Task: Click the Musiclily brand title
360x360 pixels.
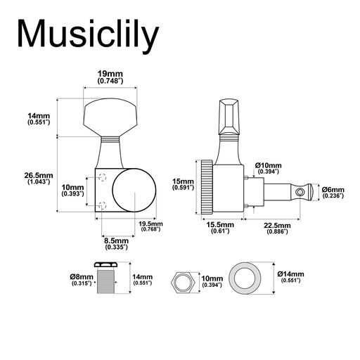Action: click(89, 35)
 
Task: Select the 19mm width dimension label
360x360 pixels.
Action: click(110, 77)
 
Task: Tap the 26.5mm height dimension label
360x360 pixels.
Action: click(39, 178)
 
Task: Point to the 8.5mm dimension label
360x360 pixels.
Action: click(117, 243)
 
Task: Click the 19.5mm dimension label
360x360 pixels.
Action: click(150, 226)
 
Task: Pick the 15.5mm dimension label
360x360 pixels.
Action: click(220, 228)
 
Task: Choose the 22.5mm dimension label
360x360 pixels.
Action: click(277, 229)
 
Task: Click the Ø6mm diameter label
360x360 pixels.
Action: click(333, 193)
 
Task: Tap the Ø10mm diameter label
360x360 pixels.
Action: click(269, 168)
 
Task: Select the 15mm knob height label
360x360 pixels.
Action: click(183, 184)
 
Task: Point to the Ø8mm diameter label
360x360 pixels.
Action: click(82, 280)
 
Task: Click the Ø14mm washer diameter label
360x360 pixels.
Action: click(290, 277)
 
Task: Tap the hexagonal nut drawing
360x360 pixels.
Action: click(182, 282)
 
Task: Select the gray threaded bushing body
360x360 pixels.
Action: click(106, 281)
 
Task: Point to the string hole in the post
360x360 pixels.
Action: click(300, 193)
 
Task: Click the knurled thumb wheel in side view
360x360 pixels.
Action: click(207, 187)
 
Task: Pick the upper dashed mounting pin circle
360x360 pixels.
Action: click(103, 177)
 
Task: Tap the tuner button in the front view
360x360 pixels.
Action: click(110, 117)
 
